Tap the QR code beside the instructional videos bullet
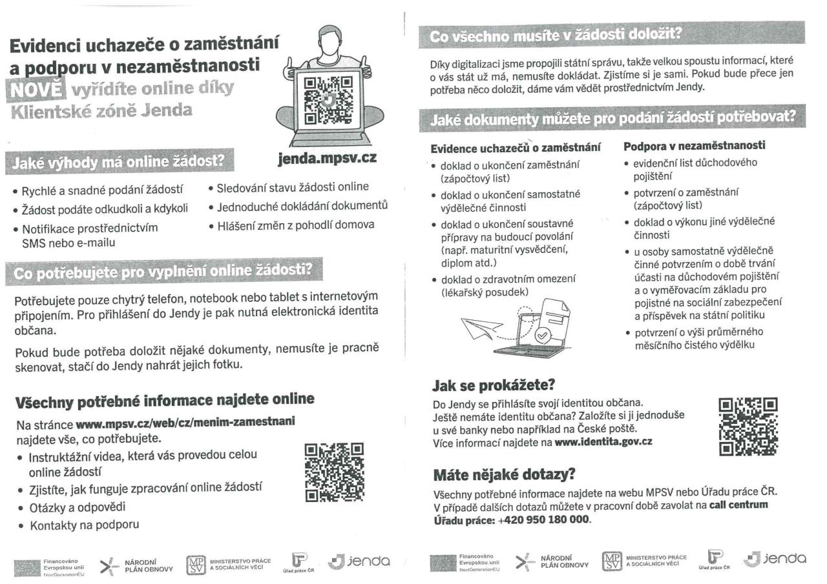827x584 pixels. tap(333, 472)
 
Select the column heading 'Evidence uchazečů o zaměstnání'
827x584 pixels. tap(512, 148)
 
